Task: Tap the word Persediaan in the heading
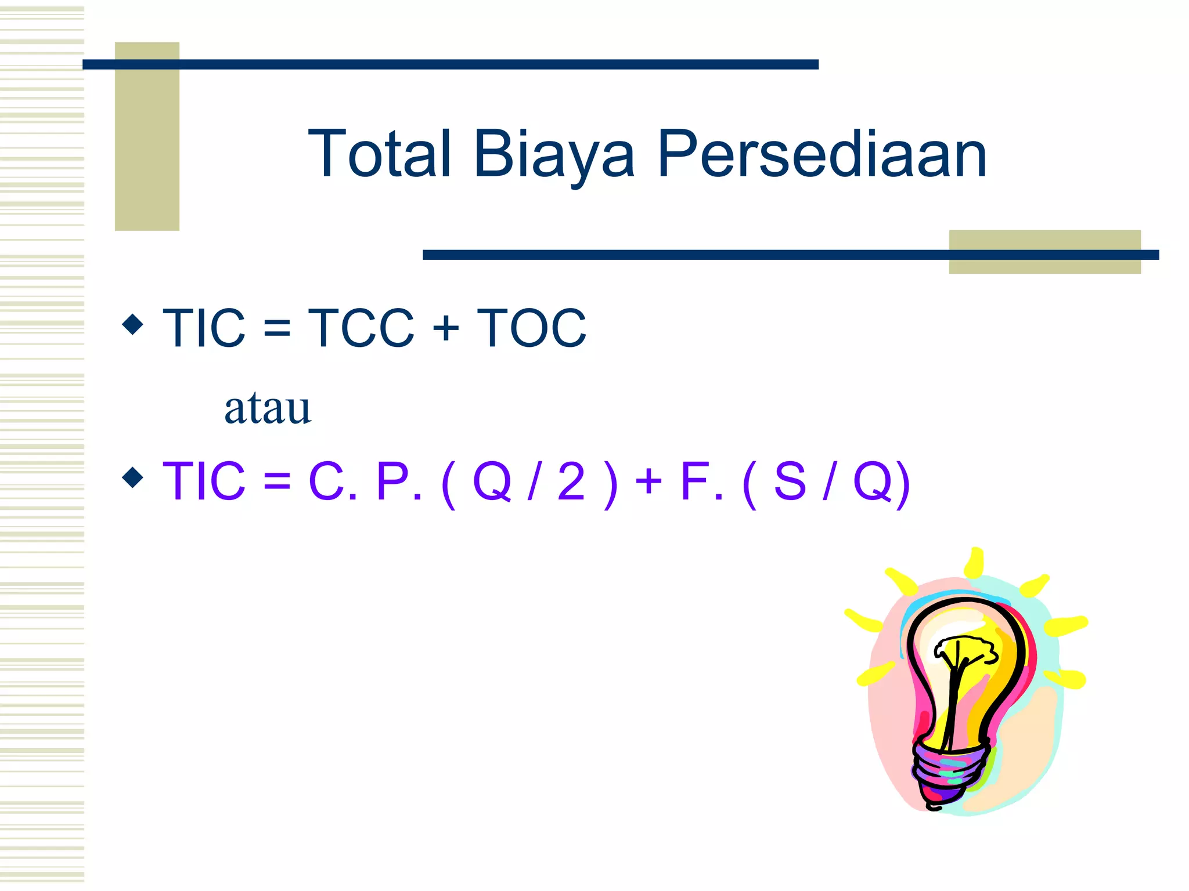click(x=822, y=154)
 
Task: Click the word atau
click(x=268, y=408)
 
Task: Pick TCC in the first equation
click(x=361, y=328)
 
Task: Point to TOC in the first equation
click(x=531, y=328)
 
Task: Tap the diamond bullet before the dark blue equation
click(x=133, y=325)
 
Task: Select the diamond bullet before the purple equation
click(x=133, y=478)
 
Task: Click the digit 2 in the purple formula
click(x=571, y=481)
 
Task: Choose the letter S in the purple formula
click(x=790, y=481)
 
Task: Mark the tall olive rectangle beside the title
click(x=147, y=136)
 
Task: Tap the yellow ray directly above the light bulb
click(x=975, y=562)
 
